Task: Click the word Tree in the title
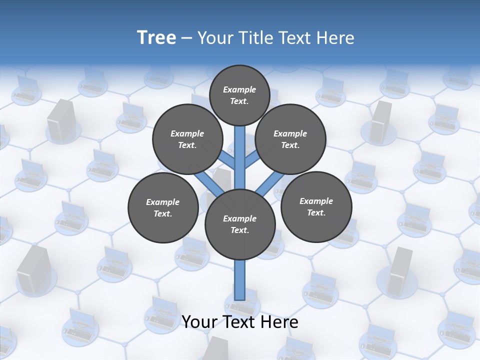pos(156,38)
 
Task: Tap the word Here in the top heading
pos(335,38)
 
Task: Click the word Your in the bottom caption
pos(200,322)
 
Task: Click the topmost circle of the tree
pos(239,95)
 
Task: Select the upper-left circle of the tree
pos(187,139)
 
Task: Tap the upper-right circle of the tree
pos(290,139)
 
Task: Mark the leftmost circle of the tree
pos(163,207)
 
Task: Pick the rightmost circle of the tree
pos(316,206)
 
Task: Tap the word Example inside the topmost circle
pos(239,89)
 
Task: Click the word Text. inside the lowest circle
pos(239,230)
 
